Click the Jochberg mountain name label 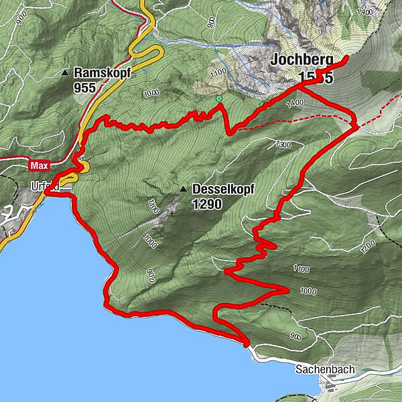301,60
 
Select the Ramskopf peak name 101,72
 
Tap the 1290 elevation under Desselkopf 206,205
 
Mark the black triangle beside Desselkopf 183,190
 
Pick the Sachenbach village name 326,369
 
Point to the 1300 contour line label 283,145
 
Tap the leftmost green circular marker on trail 218,99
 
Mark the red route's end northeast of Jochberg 346,60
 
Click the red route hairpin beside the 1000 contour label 286,289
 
